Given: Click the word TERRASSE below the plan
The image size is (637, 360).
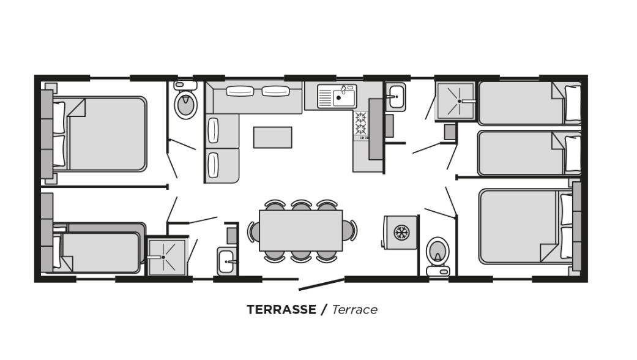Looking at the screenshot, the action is [281, 310].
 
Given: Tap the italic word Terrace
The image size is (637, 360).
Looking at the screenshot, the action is [355, 310].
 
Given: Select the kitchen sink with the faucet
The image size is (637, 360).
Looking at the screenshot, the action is [337, 96].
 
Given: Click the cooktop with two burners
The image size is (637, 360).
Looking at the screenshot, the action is [361, 124].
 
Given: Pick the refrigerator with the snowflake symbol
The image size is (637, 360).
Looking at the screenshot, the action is [401, 233].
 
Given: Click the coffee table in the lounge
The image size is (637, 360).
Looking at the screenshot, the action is [272, 137].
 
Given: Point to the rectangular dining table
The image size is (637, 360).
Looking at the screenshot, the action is [301, 230].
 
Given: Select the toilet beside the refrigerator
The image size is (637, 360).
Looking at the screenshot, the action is [438, 257].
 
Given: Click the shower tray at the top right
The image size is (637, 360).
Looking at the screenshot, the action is [455, 101].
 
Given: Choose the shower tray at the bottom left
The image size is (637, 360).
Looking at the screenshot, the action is [166, 257].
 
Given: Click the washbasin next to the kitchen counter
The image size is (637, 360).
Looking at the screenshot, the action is [395, 97].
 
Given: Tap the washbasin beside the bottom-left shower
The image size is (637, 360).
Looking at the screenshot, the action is [226, 261].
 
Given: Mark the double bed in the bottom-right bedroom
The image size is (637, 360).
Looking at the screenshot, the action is [526, 226].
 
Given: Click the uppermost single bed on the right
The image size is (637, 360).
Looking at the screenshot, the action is [529, 103].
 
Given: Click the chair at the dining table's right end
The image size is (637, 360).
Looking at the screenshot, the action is [349, 230].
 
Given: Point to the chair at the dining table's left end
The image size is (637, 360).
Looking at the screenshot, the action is [253, 231].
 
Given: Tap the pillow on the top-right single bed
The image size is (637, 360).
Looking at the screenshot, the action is [573, 103].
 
